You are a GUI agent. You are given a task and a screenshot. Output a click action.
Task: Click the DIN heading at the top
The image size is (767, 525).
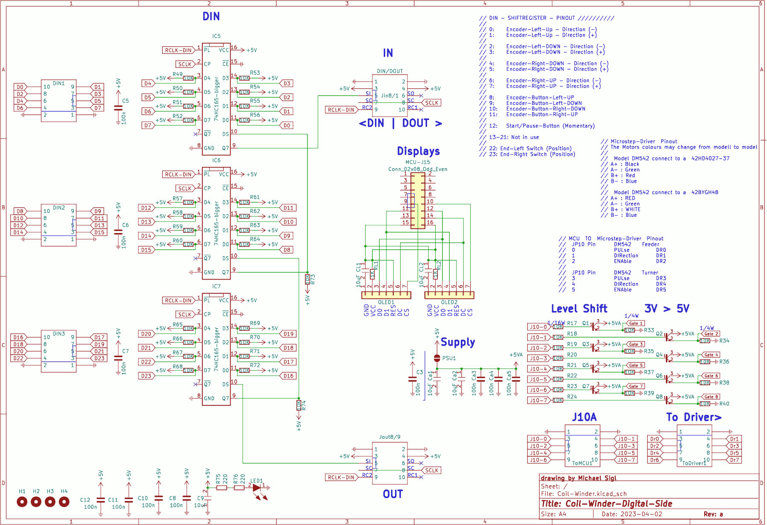(x=211, y=17)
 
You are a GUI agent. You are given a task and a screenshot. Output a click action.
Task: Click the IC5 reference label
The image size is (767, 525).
(x=217, y=36)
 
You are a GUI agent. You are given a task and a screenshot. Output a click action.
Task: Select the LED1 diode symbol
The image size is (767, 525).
(x=257, y=487)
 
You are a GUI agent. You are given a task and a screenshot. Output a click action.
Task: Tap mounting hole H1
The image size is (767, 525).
(x=22, y=502)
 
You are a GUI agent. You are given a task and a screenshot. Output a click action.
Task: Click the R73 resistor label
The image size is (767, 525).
(x=313, y=280)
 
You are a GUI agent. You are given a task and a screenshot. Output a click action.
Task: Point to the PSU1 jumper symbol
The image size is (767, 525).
(x=437, y=358)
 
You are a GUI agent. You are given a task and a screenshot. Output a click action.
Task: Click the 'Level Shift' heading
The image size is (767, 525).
(x=579, y=309)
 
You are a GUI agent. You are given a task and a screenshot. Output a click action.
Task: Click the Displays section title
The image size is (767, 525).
(x=418, y=151)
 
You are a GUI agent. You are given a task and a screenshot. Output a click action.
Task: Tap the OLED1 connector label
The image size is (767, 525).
(x=386, y=302)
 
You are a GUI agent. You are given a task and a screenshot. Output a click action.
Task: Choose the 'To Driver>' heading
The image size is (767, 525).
(x=694, y=417)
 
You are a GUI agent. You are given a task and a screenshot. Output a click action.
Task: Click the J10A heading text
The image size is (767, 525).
(x=584, y=417)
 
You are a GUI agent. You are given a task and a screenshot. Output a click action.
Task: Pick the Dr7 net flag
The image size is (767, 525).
(x=734, y=460)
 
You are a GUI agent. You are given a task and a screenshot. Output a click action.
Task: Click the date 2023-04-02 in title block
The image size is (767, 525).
(x=632, y=514)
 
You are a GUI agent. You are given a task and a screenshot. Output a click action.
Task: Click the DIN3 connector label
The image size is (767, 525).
(x=59, y=334)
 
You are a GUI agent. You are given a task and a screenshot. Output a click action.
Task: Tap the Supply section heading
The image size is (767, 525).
(x=457, y=342)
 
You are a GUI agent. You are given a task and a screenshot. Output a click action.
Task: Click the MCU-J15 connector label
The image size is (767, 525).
(x=418, y=162)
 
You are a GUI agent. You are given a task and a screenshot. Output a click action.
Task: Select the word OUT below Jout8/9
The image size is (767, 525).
(x=392, y=494)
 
